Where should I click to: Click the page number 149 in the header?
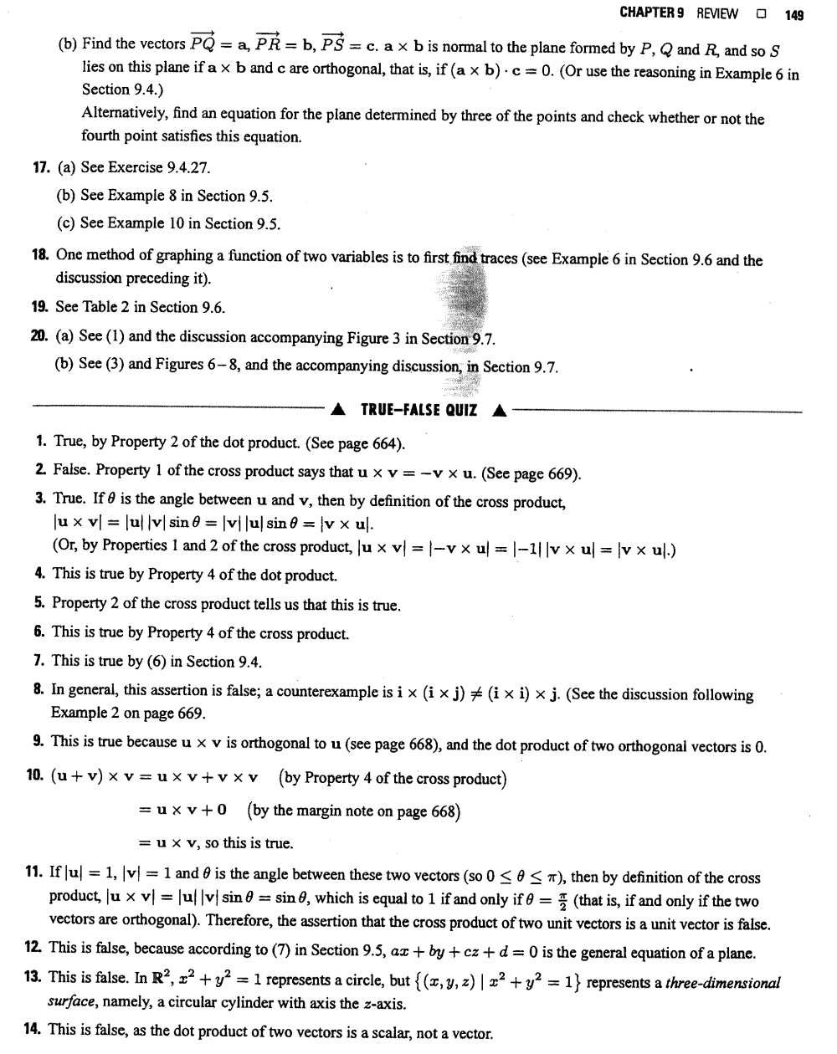(x=793, y=13)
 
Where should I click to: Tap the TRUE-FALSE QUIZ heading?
(x=418, y=410)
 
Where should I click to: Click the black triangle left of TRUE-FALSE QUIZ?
(x=337, y=410)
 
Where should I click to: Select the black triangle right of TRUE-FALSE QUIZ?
(x=500, y=410)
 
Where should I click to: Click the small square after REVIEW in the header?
(x=761, y=13)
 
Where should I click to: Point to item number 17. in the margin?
(x=40, y=167)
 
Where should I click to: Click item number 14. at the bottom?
(x=33, y=1029)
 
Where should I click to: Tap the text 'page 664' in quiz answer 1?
(x=372, y=442)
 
